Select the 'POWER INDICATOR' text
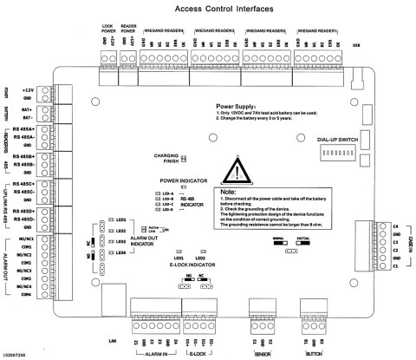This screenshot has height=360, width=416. click(181, 180)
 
